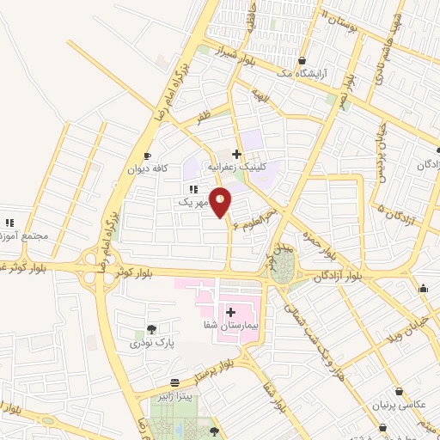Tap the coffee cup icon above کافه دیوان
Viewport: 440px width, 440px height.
coord(147,156)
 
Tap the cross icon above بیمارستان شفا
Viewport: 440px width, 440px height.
coord(230,311)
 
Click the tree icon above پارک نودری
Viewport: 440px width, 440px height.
coord(151,329)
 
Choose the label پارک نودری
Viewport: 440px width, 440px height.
coord(152,343)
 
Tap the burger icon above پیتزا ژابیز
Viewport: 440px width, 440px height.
coord(175,382)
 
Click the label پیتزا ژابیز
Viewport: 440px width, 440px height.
coord(175,394)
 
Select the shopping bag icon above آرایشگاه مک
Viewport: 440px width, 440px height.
coord(302,60)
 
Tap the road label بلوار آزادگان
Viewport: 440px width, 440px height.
coord(339,276)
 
